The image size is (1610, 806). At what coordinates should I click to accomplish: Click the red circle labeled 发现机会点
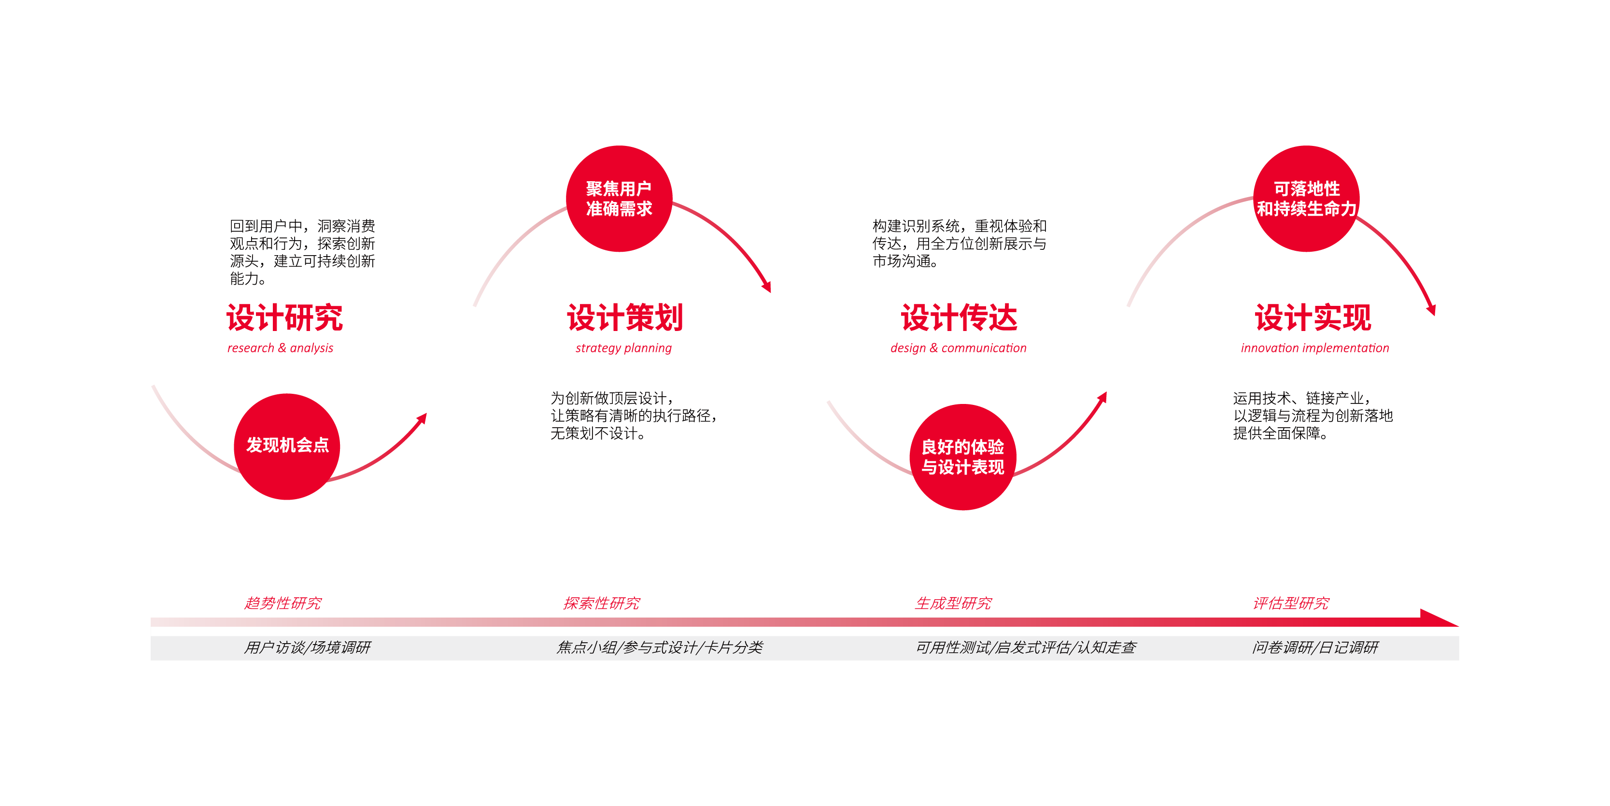(x=287, y=446)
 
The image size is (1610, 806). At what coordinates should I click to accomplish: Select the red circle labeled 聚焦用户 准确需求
(x=619, y=199)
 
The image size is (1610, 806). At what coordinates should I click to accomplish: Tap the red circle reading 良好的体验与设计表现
(x=962, y=457)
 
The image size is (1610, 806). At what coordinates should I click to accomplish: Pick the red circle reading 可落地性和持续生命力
(x=1306, y=199)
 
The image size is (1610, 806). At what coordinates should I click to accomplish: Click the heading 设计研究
(x=284, y=317)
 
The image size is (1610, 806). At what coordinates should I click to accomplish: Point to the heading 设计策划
(x=625, y=317)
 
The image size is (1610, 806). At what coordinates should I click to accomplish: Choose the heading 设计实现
(x=1313, y=317)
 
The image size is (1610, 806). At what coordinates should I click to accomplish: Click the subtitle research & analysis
(x=280, y=348)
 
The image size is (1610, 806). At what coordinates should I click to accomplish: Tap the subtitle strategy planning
(x=624, y=348)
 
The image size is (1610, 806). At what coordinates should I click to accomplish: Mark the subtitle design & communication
(x=959, y=348)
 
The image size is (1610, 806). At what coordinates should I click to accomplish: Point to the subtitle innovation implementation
(x=1315, y=348)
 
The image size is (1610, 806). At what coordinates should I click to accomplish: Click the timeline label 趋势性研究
(x=282, y=604)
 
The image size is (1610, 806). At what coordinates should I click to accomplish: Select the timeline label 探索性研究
(x=601, y=604)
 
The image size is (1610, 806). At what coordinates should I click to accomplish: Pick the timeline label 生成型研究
(x=953, y=604)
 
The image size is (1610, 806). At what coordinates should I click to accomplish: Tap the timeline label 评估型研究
(x=1291, y=604)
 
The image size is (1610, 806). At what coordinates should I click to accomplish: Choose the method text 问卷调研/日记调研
(x=1315, y=647)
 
